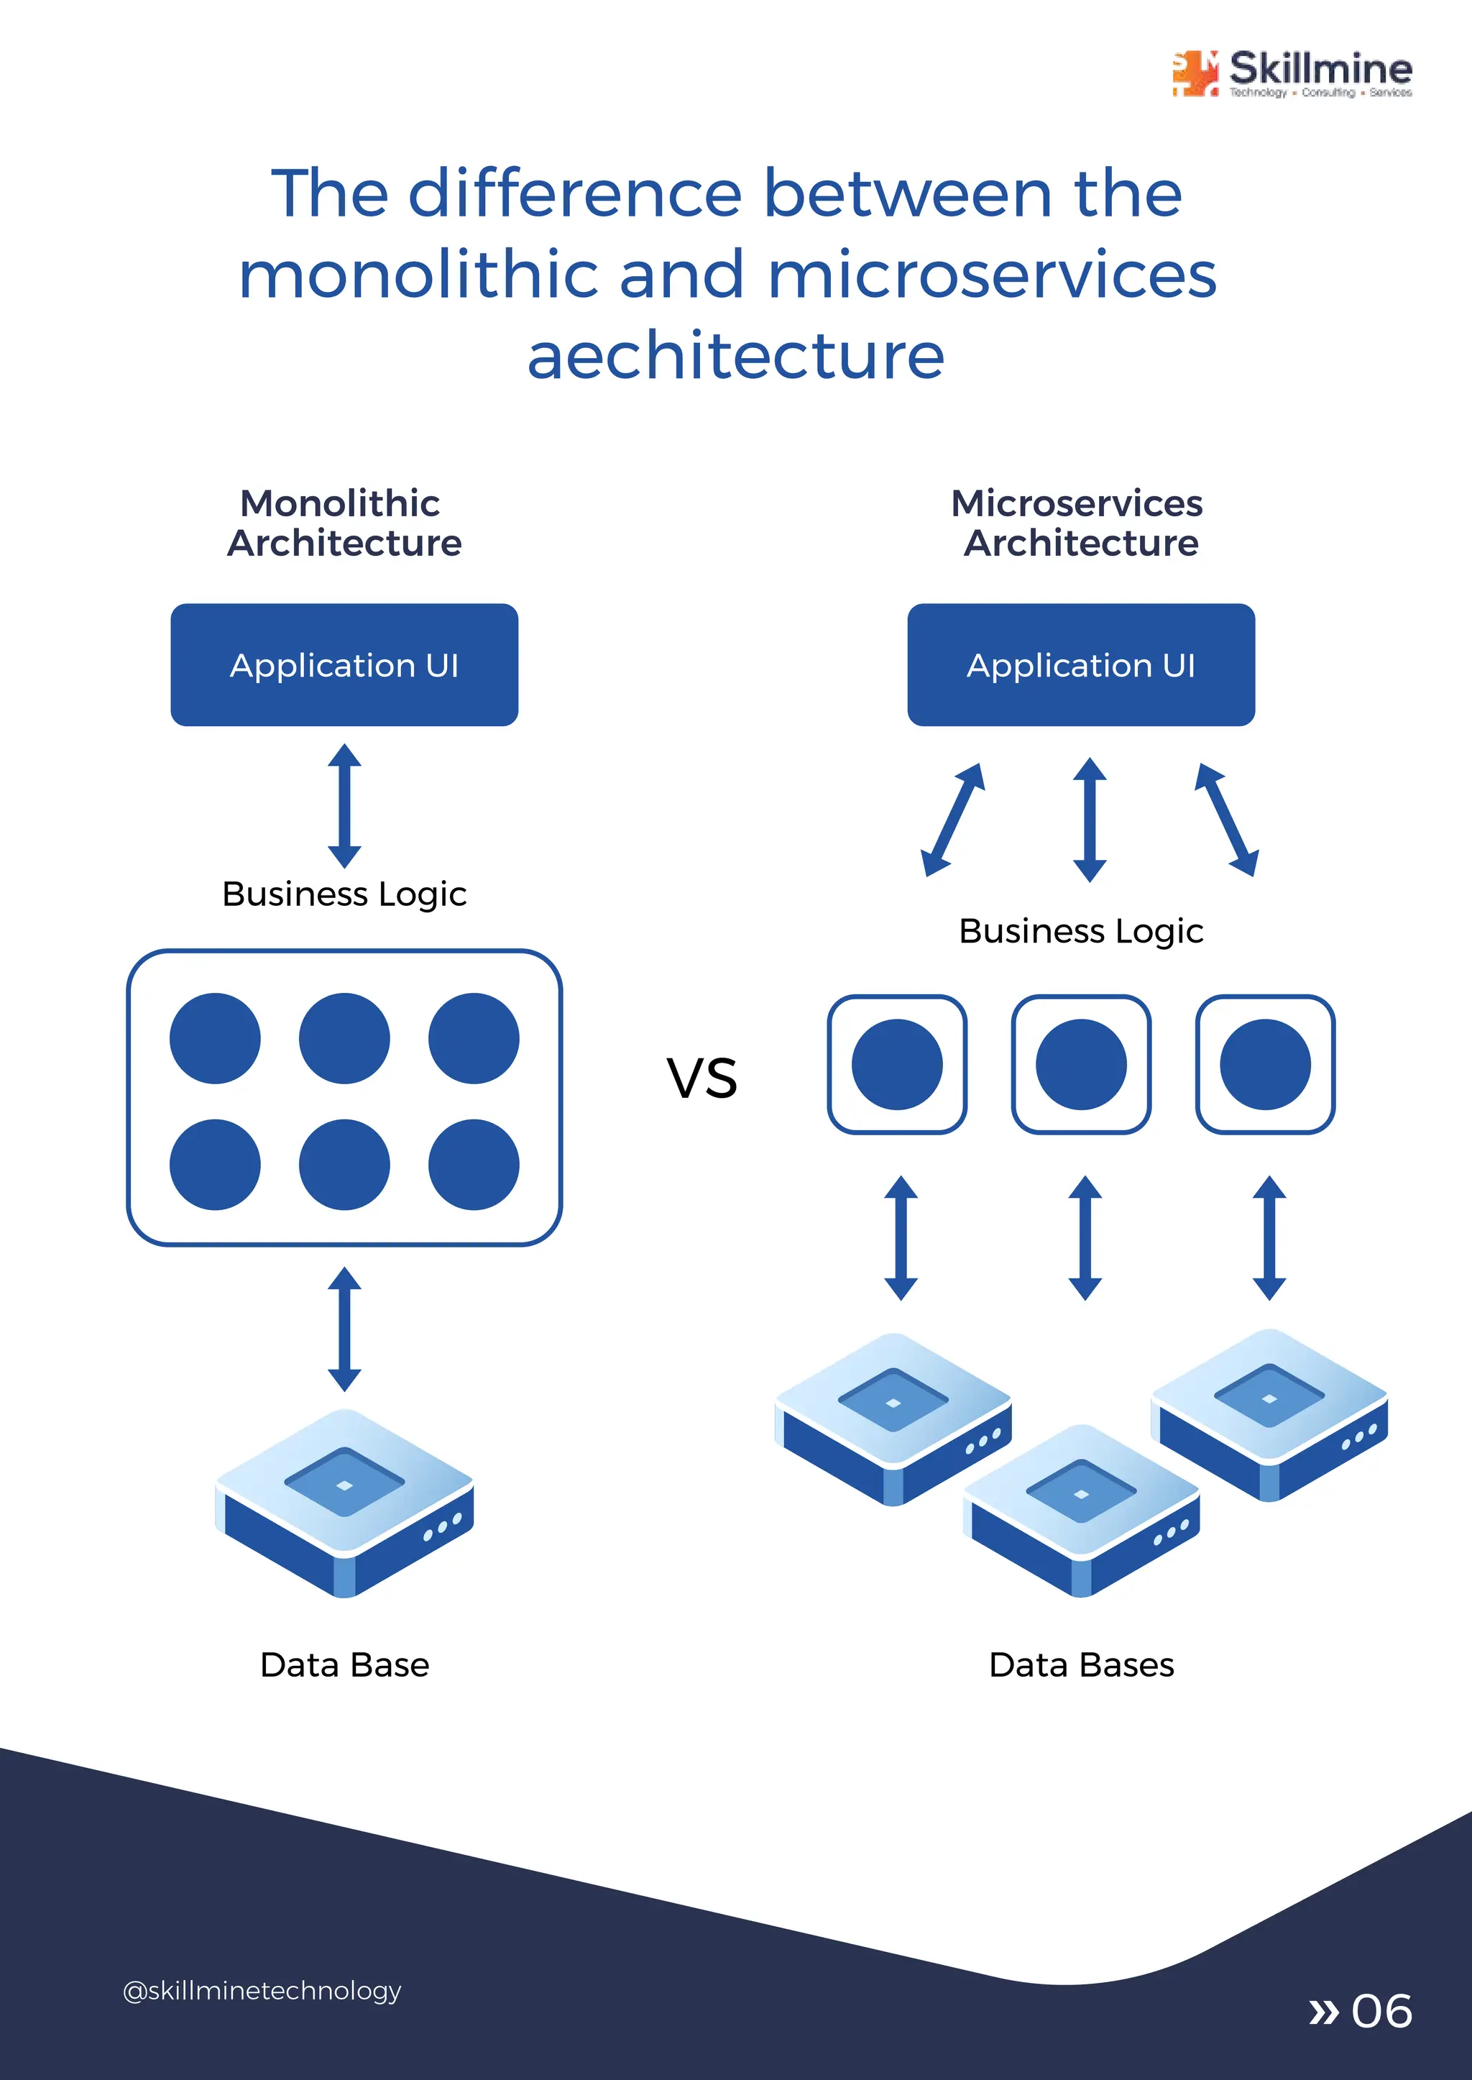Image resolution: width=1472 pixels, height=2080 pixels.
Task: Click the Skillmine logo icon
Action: click(x=1195, y=73)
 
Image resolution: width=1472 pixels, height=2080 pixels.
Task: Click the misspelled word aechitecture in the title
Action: click(x=735, y=355)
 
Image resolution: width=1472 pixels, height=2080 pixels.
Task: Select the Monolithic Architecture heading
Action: click(x=344, y=523)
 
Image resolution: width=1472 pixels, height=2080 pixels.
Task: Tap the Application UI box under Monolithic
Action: click(x=344, y=664)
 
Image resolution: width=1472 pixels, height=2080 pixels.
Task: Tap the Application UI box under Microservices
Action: click(x=1080, y=664)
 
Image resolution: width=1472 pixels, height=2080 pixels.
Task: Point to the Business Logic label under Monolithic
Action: click(x=344, y=894)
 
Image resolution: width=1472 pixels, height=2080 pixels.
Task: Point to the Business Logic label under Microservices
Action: click(x=1080, y=931)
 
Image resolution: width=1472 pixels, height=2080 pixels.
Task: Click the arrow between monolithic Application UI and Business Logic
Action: click(x=344, y=805)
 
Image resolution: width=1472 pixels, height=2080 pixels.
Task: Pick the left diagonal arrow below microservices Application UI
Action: click(x=952, y=820)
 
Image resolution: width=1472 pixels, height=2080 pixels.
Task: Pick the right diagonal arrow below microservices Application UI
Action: click(x=1226, y=820)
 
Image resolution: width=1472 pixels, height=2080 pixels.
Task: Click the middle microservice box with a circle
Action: click(x=1080, y=1065)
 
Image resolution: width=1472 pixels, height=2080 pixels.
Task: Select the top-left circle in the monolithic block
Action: click(x=215, y=1038)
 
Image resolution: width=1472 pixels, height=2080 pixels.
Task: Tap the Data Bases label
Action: click(x=1080, y=1664)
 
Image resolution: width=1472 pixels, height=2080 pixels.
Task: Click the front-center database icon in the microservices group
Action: click(x=1080, y=1510)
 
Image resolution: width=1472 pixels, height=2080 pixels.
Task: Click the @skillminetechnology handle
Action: click(x=261, y=1990)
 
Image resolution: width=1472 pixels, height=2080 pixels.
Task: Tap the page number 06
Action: click(x=1381, y=2011)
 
